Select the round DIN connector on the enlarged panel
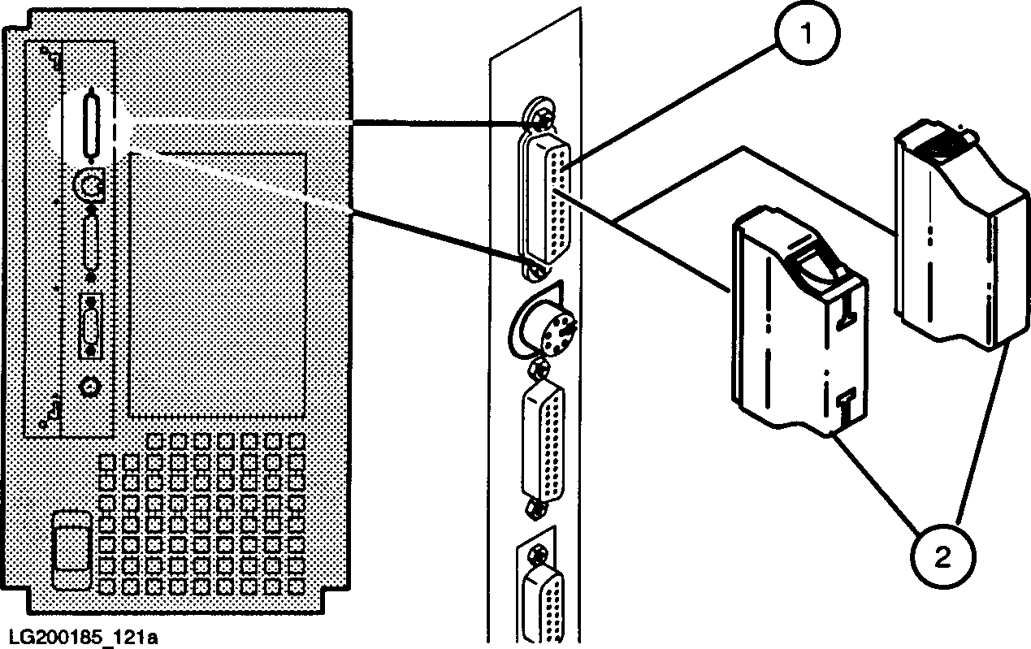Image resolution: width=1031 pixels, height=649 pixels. (544, 328)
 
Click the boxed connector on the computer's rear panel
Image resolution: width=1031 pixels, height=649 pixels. (90, 324)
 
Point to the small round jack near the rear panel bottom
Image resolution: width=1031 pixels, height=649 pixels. (89, 387)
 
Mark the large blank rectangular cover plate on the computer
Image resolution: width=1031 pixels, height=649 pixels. (217, 284)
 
